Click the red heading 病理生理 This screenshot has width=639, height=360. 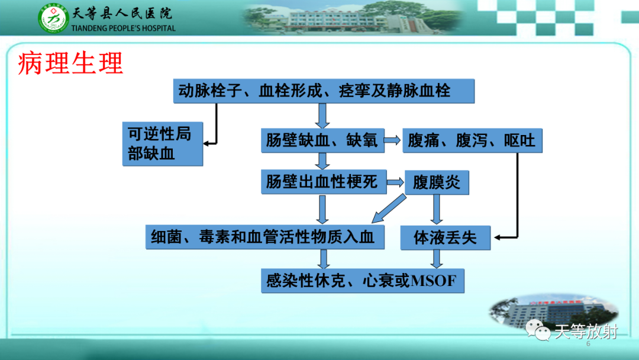[x=70, y=63]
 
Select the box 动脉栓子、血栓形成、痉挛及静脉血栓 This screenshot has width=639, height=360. [x=324, y=91]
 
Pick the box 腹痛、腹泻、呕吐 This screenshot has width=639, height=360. [x=472, y=141]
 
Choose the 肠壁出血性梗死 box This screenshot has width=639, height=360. [x=322, y=182]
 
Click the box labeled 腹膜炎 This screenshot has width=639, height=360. [x=436, y=182]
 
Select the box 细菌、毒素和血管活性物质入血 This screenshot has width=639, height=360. [x=264, y=237]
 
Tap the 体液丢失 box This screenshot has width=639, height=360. [x=445, y=237]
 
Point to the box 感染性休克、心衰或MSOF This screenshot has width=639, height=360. [x=362, y=280]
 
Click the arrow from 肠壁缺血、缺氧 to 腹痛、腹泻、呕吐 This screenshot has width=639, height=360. [x=393, y=140]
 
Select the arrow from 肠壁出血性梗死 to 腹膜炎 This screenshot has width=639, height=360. [x=395, y=183]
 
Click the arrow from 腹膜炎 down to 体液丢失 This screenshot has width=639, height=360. [x=437, y=210]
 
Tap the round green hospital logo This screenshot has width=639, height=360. [x=54, y=19]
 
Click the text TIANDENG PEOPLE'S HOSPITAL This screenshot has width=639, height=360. [x=123, y=28]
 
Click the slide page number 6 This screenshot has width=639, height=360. [x=588, y=344]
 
